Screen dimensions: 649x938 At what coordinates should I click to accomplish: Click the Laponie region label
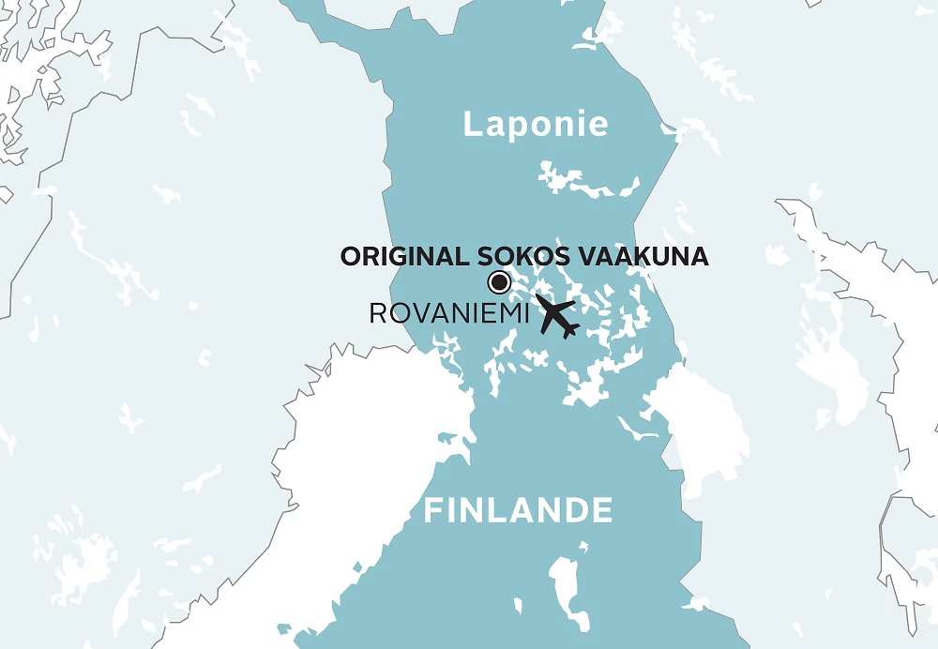click(x=536, y=124)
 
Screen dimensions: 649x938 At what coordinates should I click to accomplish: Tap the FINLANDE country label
click(x=519, y=511)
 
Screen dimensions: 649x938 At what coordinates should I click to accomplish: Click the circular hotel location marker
click(x=499, y=281)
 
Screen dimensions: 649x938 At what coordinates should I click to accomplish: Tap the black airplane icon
click(x=556, y=317)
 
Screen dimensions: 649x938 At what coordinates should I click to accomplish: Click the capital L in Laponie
click(x=472, y=124)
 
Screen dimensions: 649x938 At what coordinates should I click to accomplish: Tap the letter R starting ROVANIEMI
click(x=377, y=313)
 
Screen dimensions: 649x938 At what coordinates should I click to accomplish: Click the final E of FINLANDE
click(x=602, y=511)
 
